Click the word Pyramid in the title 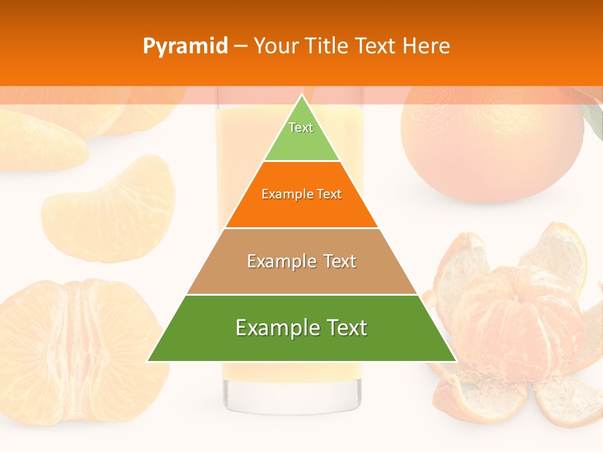click(185, 46)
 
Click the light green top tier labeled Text click(301, 135)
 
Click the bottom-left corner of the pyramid click(149, 360)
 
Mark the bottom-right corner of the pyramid click(455, 360)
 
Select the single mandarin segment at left click(110, 210)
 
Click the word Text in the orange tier click(329, 194)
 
